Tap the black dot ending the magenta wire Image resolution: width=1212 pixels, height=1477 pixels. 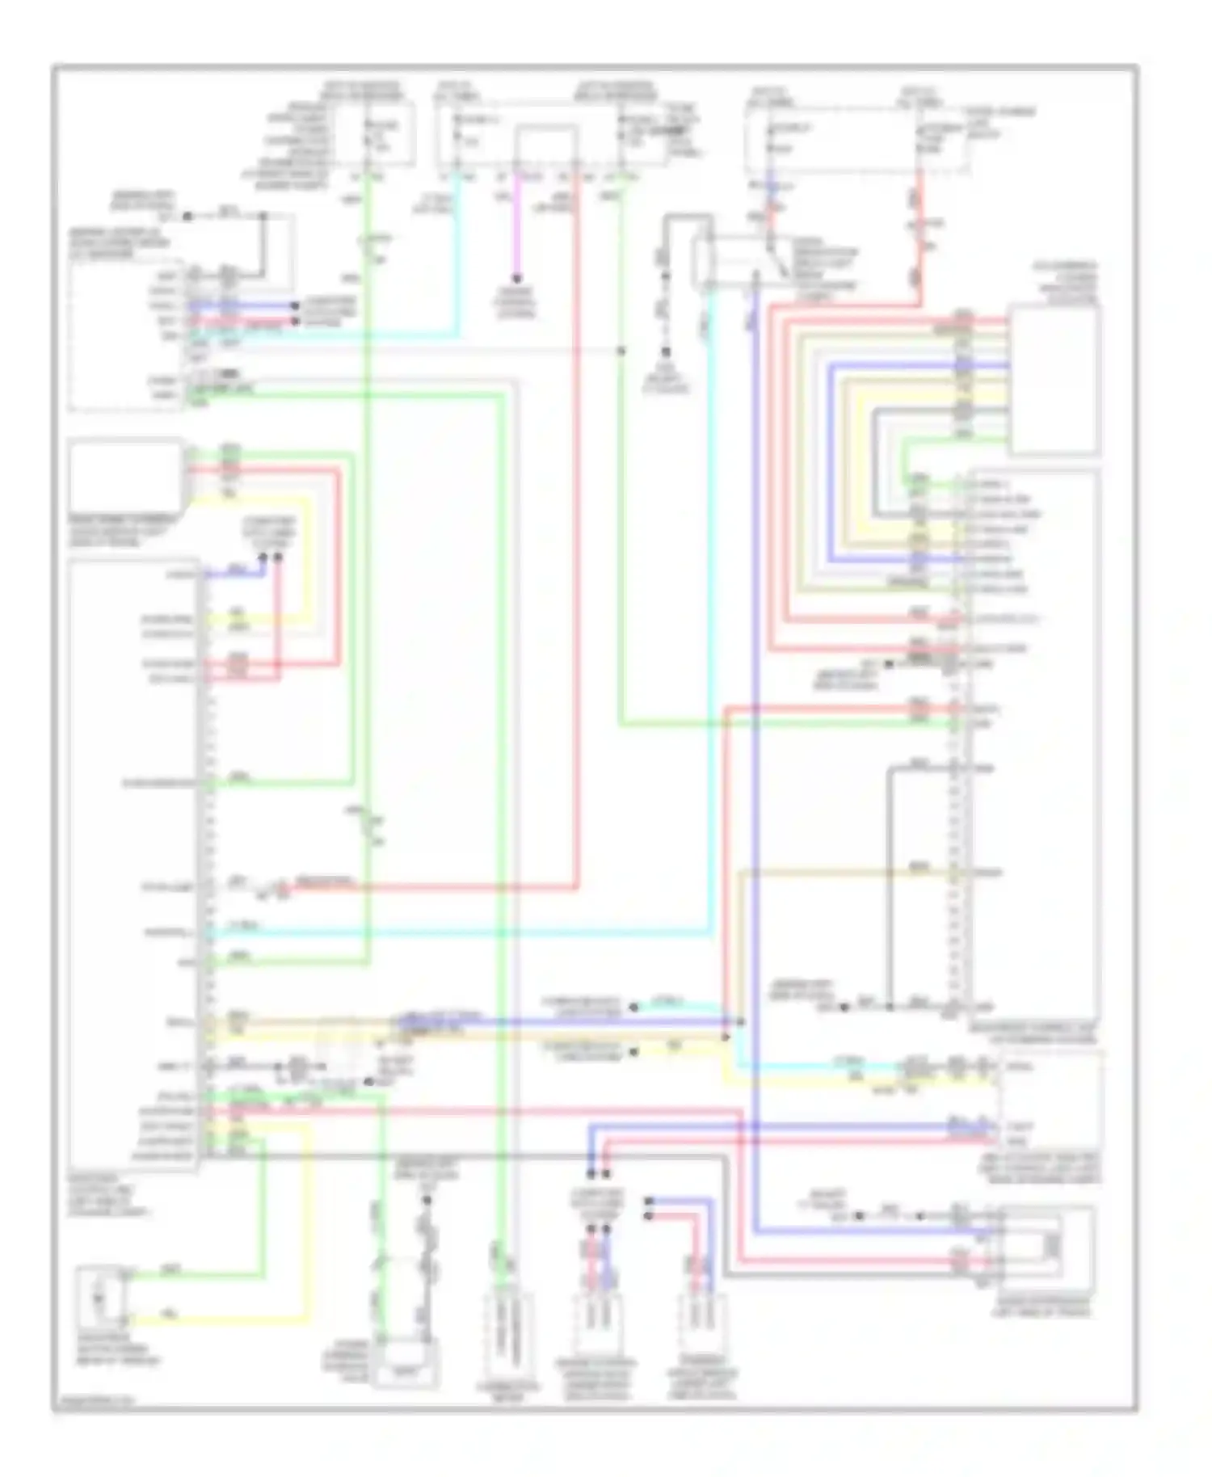(x=517, y=279)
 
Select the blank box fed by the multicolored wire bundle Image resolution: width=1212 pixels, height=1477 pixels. (x=1054, y=380)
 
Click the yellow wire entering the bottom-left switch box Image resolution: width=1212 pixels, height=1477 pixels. (x=218, y=1322)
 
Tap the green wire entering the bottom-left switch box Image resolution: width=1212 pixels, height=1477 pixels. (x=194, y=1275)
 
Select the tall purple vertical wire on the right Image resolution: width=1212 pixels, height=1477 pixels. (x=755, y=727)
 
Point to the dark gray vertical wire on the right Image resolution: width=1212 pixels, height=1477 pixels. (x=888, y=889)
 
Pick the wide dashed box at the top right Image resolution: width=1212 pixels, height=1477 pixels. (x=856, y=139)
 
